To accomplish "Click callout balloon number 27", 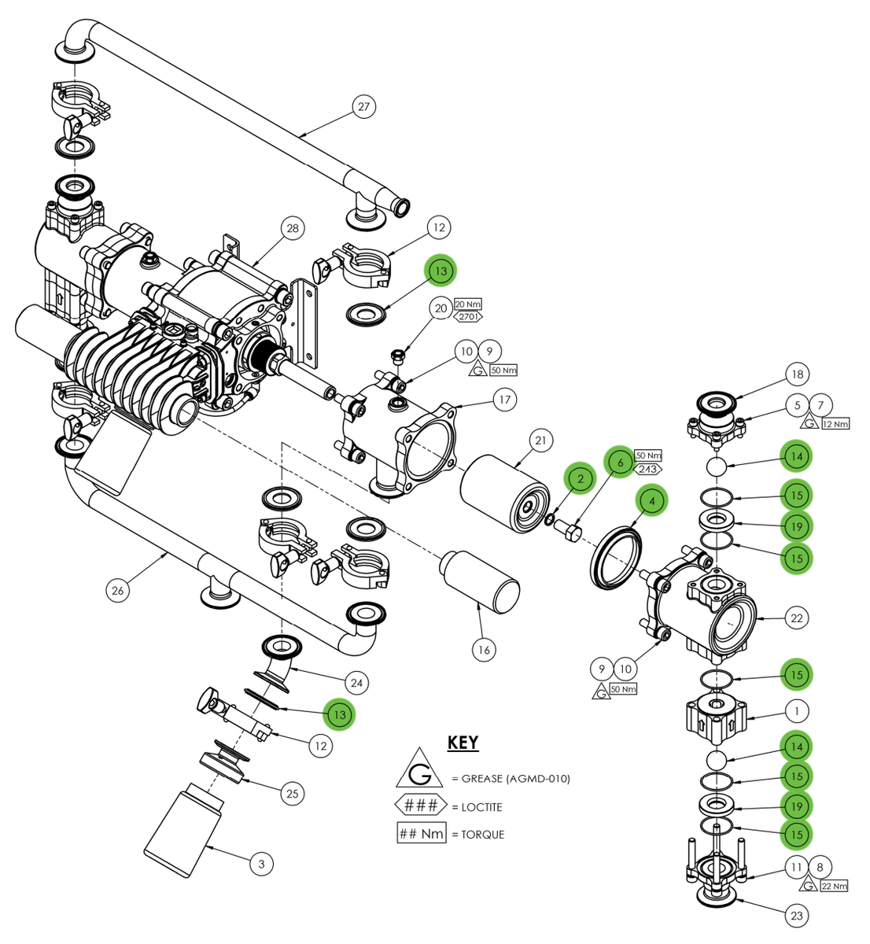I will tap(363, 106).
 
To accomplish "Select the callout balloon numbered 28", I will tap(293, 228).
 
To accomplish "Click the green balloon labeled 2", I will tap(581, 478).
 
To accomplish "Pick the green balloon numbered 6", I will tap(620, 463).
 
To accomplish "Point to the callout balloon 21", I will tap(540, 441).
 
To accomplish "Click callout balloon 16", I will tap(484, 649).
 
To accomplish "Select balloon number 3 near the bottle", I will tap(261, 864).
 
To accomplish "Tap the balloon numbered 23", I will tap(797, 916).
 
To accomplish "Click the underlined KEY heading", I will tap(463, 743).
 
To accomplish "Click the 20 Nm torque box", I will tap(468, 304).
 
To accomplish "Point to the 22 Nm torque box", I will tap(835, 886).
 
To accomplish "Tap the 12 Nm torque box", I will tap(835, 424).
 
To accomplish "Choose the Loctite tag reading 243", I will tap(648, 470).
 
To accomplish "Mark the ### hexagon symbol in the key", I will tap(420, 806).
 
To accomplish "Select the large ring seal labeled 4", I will tap(616, 557).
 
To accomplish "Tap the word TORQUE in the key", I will tap(482, 835).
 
